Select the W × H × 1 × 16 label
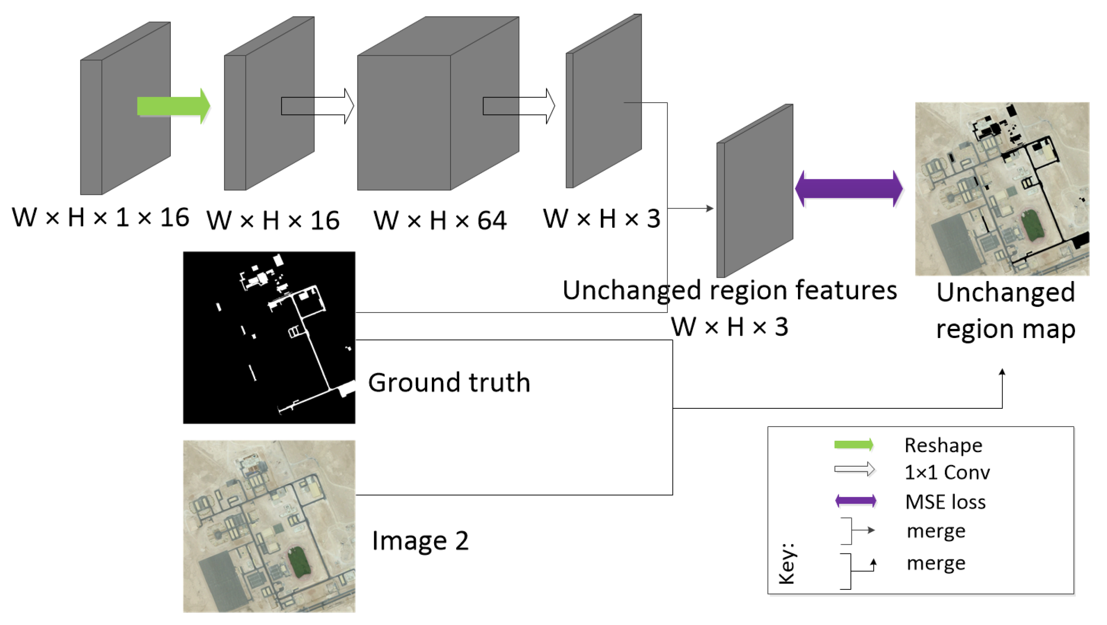[100, 218]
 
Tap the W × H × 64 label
[440, 220]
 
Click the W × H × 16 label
[273, 220]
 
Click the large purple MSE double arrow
[849, 188]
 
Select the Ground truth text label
[449, 382]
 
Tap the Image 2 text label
[420, 541]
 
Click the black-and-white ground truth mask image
[269, 338]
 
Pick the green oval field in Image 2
[299, 561]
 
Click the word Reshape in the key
[943, 445]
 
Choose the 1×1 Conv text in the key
[947, 472]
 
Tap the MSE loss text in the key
[945, 502]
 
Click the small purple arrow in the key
[855, 501]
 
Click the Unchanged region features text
[729, 290]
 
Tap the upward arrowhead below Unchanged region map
[1002, 372]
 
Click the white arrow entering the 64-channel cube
[317, 106]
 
